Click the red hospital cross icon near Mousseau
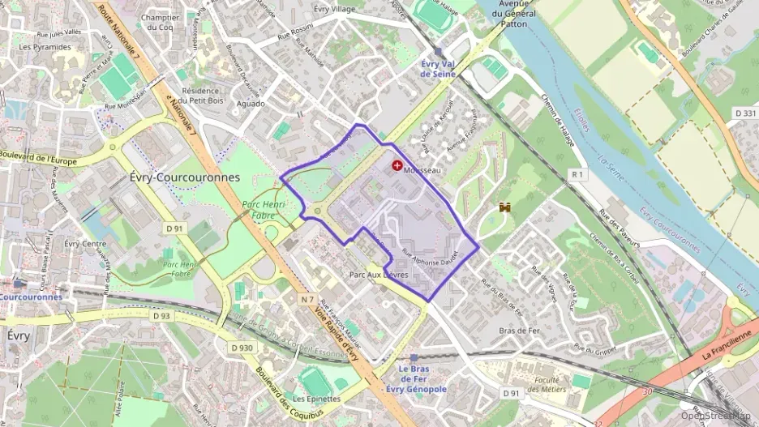(x=397, y=165)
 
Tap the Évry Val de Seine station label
(x=438, y=69)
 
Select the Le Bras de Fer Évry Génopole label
(x=416, y=378)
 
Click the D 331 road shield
(x=744, y=113)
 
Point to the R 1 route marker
(x=577, y=174)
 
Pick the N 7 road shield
(x=307, y=300)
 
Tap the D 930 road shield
(x=242, y=348)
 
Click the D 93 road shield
(x=161, y=316)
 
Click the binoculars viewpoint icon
(x=505, y=208)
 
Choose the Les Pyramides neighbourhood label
(x=45, y=47)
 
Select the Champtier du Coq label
(x=160, y=22)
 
